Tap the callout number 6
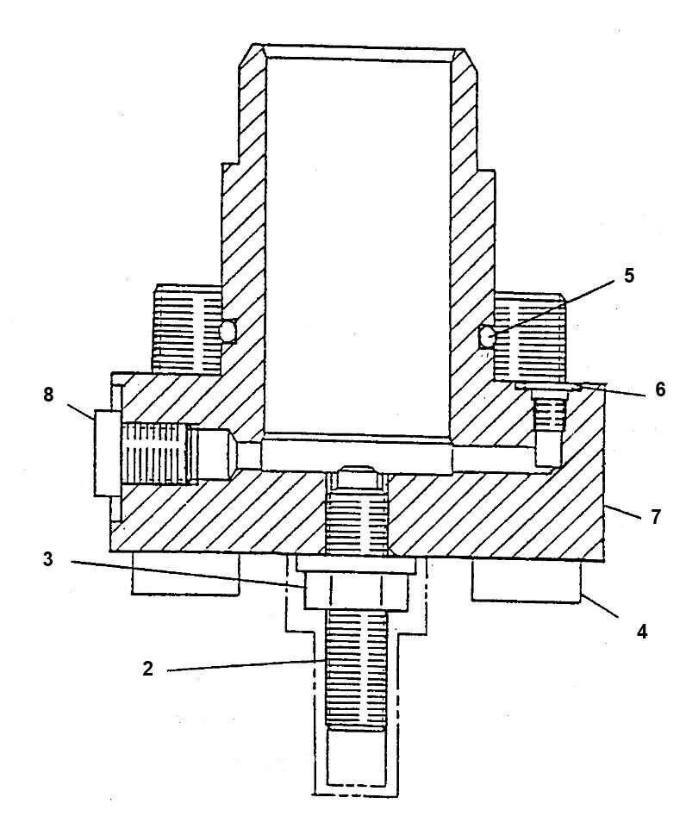pyautogui.click(x=660, y=389)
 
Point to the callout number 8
pyautogui.click(x=47, y=396)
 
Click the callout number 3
pyautogui.click(x=48, y=559)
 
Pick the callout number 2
pyautogui.click(x=147, y=669)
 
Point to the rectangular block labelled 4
pyautogui.click(x=526, y=582)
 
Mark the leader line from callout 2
pyautogui.click(x=241, y=664)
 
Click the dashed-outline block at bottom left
pyautogui.click(x=184, y=573)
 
